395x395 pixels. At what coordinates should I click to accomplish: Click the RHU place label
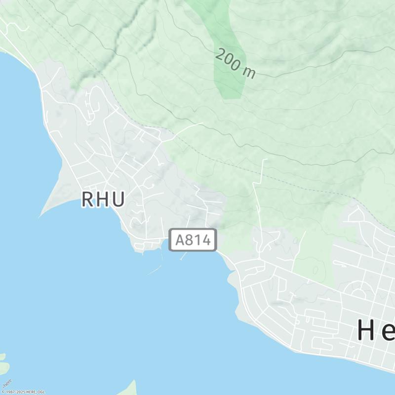point(103,199)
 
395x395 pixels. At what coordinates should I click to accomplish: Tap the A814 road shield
point(193,240)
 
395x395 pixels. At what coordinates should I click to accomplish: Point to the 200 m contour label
point(236,64)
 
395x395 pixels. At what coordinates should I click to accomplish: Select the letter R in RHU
point(87,199)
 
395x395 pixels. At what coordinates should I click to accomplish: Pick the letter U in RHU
point(118,199)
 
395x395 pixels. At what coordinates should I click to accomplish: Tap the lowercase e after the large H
point(389,332)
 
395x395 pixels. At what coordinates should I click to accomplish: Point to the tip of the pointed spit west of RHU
point(39,217)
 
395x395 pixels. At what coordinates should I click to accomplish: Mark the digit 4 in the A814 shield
point(210,240)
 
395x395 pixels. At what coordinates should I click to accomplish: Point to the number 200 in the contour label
point(228,60)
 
